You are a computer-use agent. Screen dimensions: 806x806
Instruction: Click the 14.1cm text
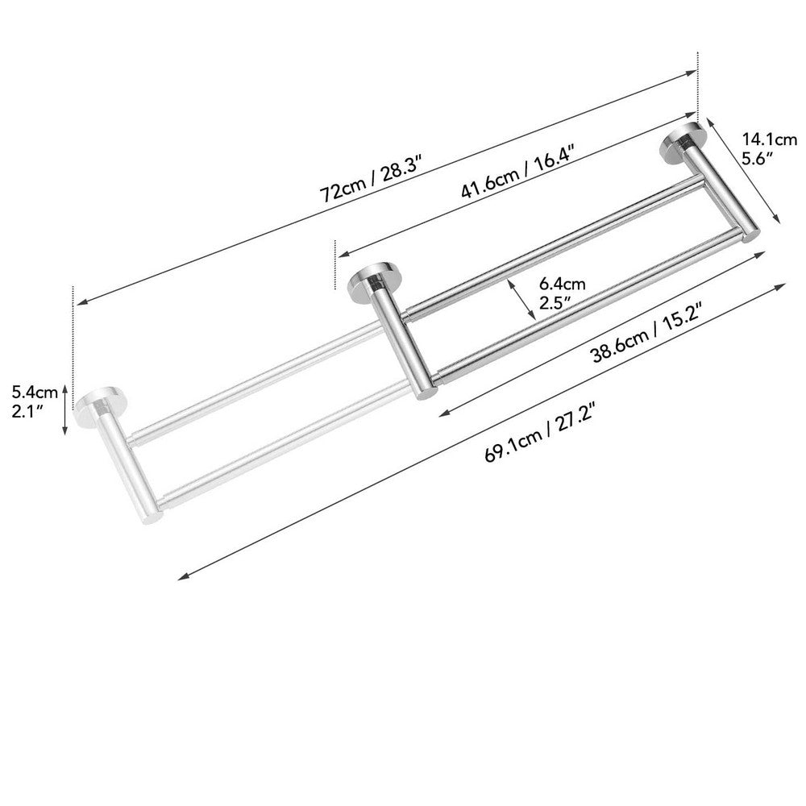coord(763,138)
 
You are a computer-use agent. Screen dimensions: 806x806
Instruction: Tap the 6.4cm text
coord(562,284)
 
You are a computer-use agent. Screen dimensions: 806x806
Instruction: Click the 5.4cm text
coord(35,393)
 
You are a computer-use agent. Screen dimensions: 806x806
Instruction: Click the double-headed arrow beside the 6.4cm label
coord(521,300)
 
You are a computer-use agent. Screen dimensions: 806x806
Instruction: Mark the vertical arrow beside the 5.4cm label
coord(67,409)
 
